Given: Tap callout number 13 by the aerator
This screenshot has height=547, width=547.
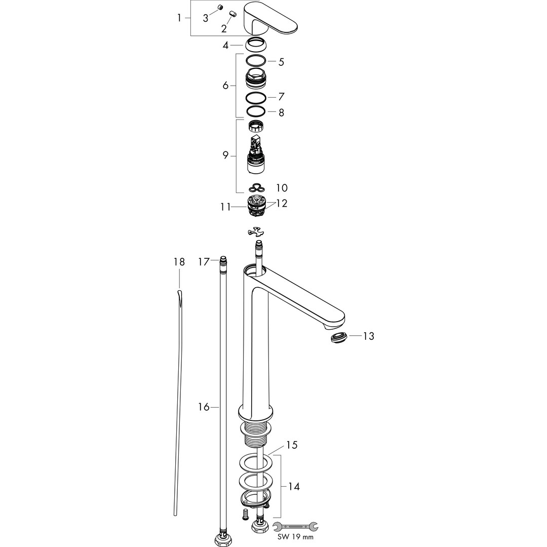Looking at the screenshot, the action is click(368, 336).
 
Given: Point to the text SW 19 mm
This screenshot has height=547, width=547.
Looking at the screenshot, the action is click(295, 537).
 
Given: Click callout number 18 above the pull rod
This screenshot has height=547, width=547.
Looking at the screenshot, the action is click(179, 262).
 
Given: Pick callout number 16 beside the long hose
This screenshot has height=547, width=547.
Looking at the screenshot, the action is click(204, 407).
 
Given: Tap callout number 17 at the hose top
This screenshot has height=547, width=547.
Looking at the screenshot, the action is click(204, 261).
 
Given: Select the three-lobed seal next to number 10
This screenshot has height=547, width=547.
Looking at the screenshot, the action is click(256, 188).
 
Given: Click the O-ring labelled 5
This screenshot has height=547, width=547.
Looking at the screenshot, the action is click(256, 61).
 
